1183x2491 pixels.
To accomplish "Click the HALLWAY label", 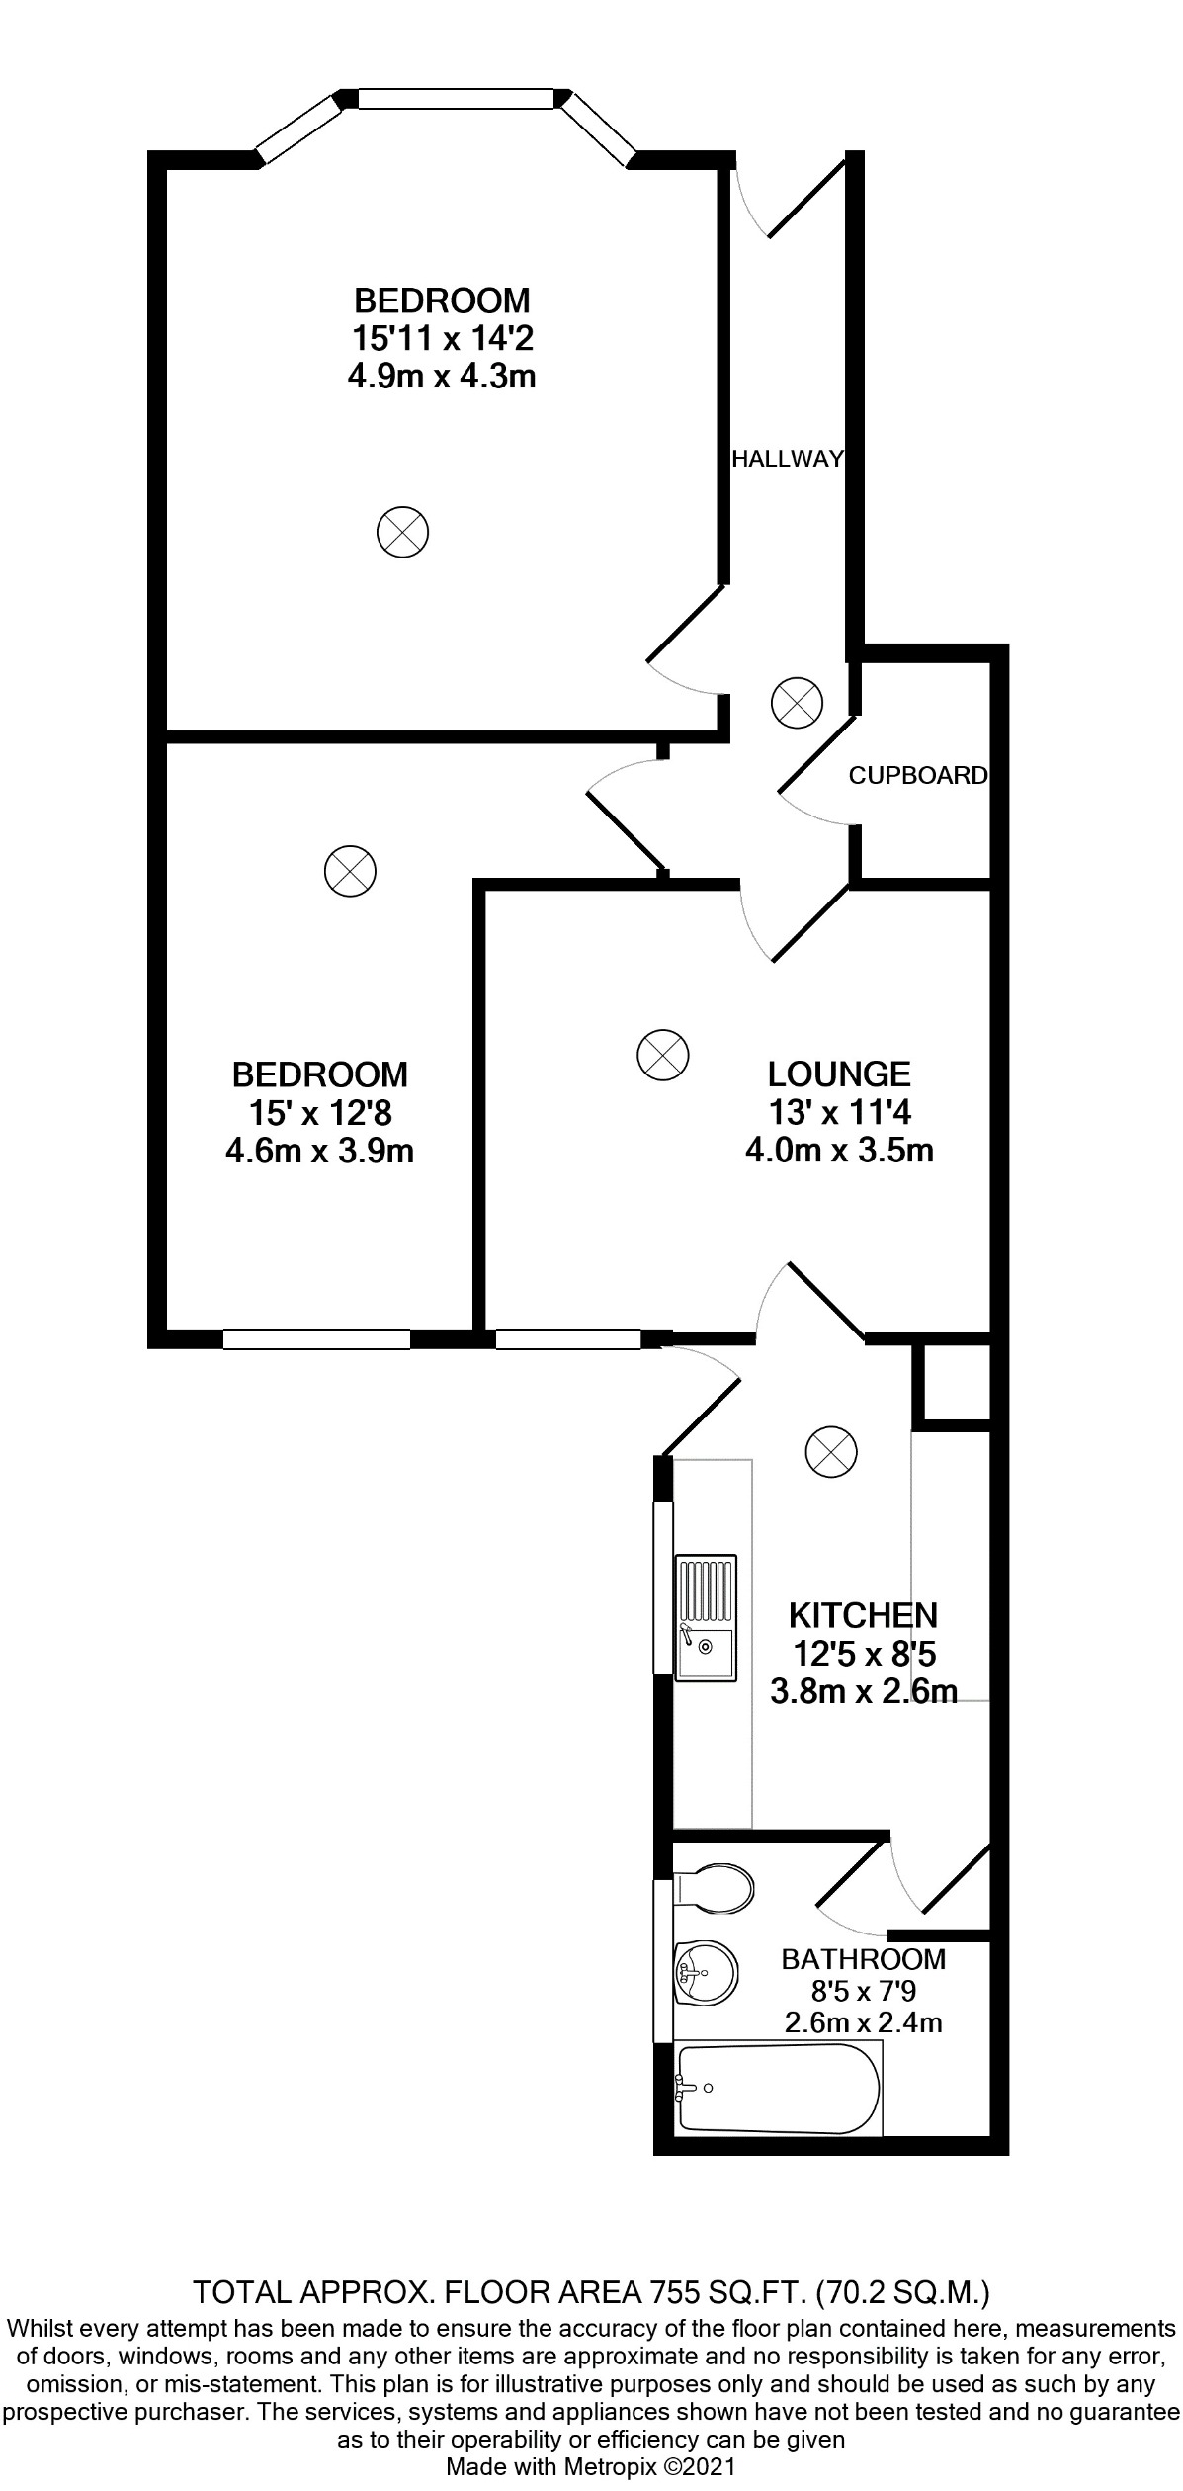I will click(788, 459).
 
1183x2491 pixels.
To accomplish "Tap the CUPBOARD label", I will click(917, 776).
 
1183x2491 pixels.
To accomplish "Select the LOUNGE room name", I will click(839, 1074).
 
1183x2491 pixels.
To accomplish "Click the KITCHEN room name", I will click(863, 1615).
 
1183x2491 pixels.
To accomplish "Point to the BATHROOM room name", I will click(863, 1958).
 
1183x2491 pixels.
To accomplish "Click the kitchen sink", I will click(706, 1617).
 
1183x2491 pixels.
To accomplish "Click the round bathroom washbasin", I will click(705, 1972).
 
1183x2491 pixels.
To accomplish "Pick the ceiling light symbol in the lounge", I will click(661, 1054).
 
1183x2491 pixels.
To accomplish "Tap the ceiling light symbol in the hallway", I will click(796, 704).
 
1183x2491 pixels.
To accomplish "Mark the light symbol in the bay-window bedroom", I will click(402, 532).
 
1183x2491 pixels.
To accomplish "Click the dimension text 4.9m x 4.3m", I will click(442, 377).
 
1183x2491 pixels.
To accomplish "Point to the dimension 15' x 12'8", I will click(320, 1113).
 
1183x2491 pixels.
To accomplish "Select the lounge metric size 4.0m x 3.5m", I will click(839, 1151).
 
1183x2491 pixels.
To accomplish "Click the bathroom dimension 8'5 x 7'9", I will click(863, 1990).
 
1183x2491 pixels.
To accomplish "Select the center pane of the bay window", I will click(456, 99).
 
